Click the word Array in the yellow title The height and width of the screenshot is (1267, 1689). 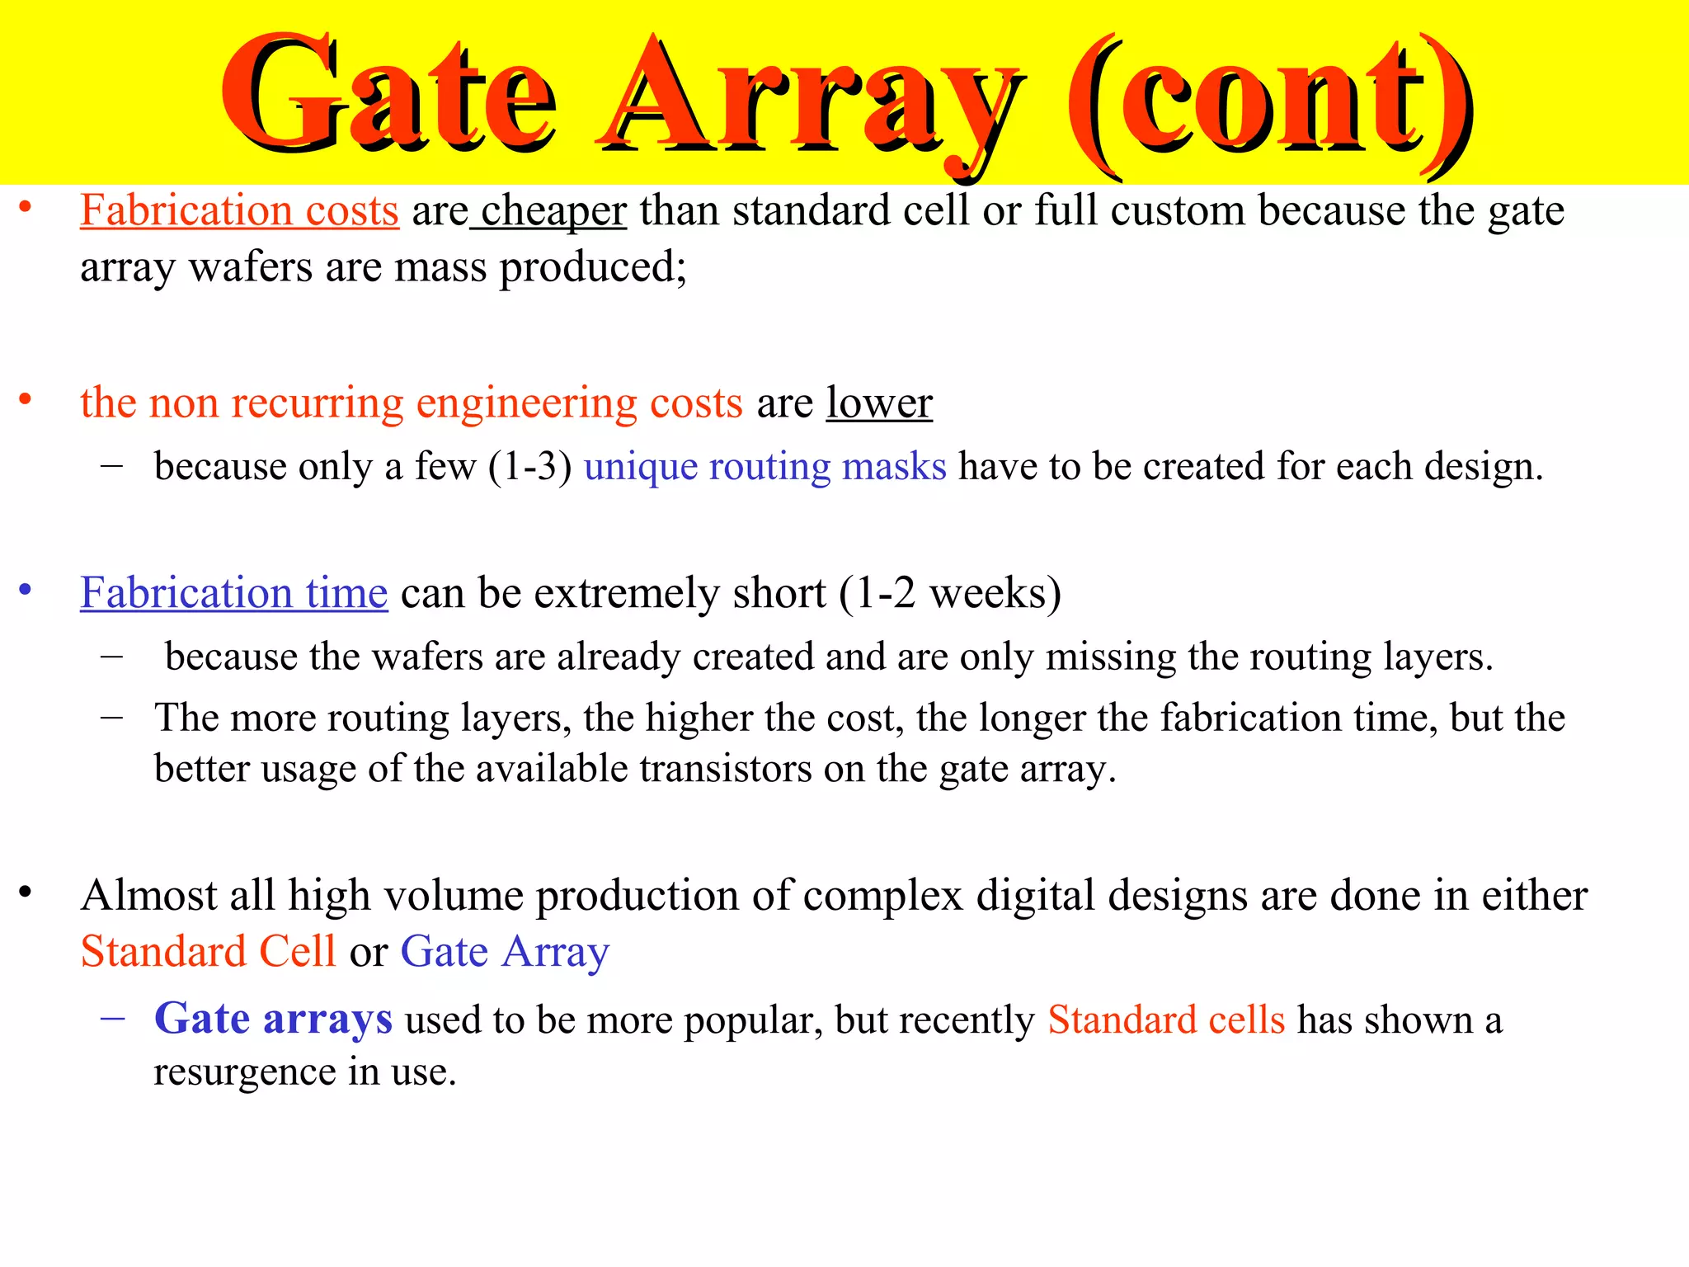pyautogui.click(x=808, y=99)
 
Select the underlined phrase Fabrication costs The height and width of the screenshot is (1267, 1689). pyautogui.click(x=239, y=211)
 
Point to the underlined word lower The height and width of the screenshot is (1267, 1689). pyautogui.click(x=879, y=403)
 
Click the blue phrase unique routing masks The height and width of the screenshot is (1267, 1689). pyautogui.click(x=765, y=467)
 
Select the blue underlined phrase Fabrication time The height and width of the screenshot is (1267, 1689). pyautogui.click(x=233, y=594)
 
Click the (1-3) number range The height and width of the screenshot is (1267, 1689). pyautogui.click(x=529, y=467)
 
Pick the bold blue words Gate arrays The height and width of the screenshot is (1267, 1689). pyautogui.click(x=273, y=1020)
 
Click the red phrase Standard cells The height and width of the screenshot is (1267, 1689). pyautogui.click(x=1166, y=1020)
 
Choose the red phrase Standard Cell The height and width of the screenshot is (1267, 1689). pyautogui.click(x=208, y=952)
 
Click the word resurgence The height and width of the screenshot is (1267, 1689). pyautogui.click(x=244, y=1072)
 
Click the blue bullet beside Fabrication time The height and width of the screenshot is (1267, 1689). pyautogui.click(x=26, y=590)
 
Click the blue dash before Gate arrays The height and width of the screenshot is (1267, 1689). pyautogui.click(x=112, y=1018)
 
